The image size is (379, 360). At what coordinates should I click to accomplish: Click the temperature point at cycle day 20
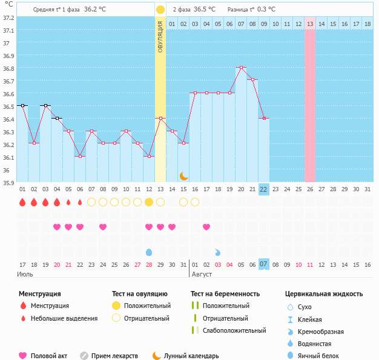point(241,67)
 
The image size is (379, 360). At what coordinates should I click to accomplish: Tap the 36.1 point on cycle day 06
point(80,156)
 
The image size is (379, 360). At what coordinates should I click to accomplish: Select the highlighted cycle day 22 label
point(263,189)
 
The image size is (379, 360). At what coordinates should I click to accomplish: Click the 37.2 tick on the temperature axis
point(8,18)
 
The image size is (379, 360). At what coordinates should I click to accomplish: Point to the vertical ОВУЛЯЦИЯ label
point(160,37)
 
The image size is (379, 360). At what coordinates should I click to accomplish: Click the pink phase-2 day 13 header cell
point(310,24)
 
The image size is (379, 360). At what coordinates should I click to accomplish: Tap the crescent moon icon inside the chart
point(183,175)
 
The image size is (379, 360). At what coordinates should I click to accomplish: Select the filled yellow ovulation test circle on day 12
point(149,202)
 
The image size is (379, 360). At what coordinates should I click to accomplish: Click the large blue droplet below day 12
point(149,252)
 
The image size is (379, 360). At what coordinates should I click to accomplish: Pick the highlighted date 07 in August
point(263,264)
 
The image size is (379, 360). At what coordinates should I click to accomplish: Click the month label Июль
point(24,274)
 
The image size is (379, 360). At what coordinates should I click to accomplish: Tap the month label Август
point(202,274)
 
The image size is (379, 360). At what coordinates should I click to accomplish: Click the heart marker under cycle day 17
point(206,227)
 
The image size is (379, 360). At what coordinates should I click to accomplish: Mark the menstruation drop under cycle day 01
point(22,202)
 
